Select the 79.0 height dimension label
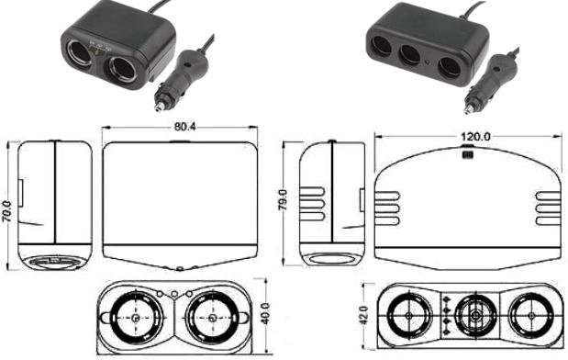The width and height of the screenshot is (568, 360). click(285, 197)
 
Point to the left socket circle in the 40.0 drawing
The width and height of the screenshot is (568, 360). click(136, 319)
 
